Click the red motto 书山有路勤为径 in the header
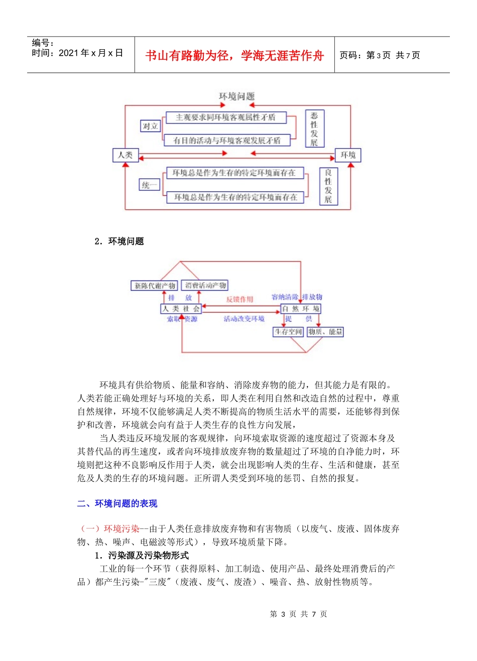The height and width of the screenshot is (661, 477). [234, 55]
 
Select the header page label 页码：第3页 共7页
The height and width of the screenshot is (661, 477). [380, 55]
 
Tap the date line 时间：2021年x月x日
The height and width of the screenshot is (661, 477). [77, 53]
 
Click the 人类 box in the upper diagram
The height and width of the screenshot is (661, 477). [125, 155]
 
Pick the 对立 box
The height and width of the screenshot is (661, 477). [150, 126]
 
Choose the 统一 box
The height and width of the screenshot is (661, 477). [149, 185]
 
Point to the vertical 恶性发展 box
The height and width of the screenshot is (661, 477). [314, 129]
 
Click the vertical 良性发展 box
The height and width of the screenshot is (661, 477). [328, 186]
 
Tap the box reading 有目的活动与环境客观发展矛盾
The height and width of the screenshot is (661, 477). [227, 141]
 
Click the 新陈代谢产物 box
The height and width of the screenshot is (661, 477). [154, 286]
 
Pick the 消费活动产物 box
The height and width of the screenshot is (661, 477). [205, 285]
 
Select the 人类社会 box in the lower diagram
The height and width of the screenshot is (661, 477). [181, 309]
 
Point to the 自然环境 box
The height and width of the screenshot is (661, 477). [301, 309]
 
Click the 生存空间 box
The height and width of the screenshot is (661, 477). [288, 332]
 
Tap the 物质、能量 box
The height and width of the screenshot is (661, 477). [325, 332]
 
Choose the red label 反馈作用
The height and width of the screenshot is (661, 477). [240, 299]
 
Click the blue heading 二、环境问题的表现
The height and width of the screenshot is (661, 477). [117, 503]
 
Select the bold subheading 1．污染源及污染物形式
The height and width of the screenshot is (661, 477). [142, 556]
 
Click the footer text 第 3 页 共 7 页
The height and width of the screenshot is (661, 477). [298, 614]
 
